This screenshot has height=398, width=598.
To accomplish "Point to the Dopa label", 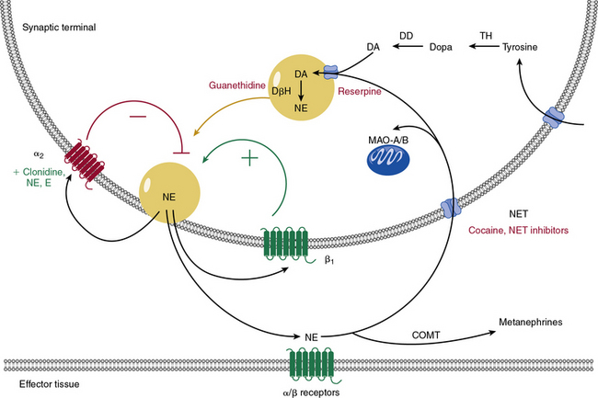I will (x=437, y=46).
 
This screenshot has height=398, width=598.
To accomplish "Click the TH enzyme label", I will (x=486, y=35).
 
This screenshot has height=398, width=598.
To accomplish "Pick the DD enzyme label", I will (x=406, y=35).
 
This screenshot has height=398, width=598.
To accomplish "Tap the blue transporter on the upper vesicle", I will (x=333, y=71).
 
